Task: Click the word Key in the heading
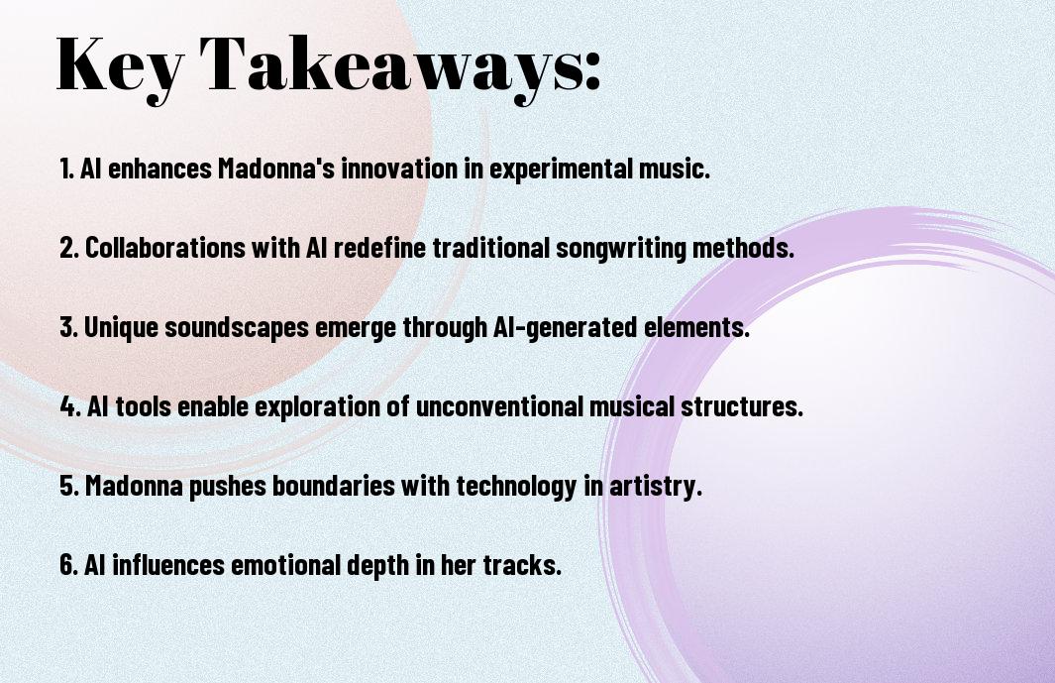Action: tap(120, 67)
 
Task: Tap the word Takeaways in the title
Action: tap(393, 67)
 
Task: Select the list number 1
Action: tap(66, 169)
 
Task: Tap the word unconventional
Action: tap(499, 406)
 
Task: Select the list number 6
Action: tap(68, 565)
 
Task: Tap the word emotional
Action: tap(286, 565)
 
